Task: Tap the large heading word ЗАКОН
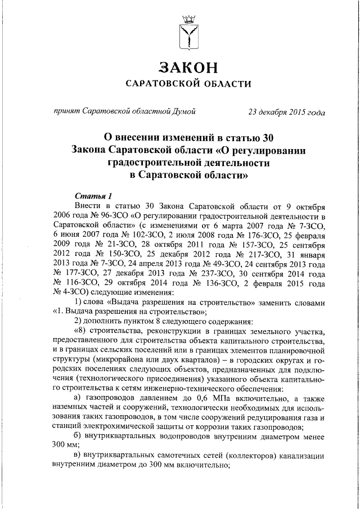(x=188, y=68)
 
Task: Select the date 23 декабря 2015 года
(x=286, y=111)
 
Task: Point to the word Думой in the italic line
(x=183, y=111)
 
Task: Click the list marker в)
(x=78, y=473)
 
